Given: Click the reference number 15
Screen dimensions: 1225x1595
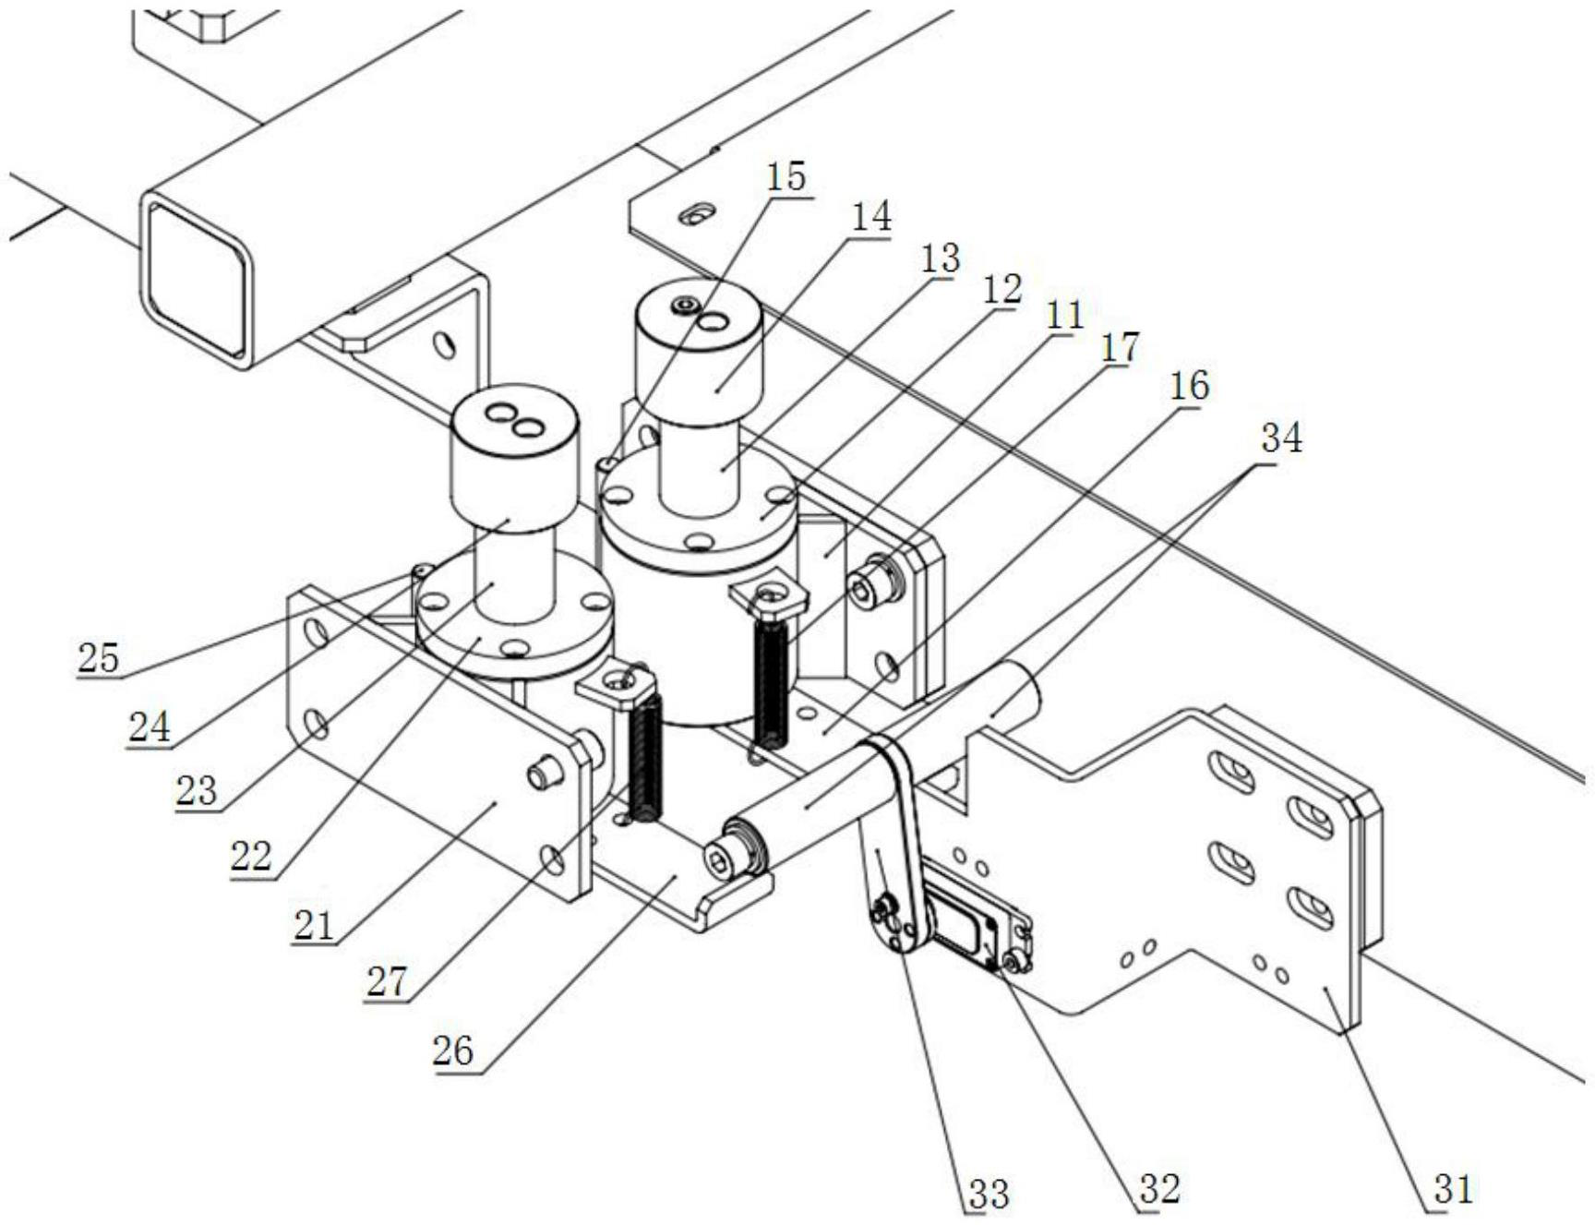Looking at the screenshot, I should click(786, 175).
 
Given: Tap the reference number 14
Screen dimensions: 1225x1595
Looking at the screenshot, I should click(870, 217).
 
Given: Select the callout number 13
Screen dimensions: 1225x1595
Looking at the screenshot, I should click(940, 258).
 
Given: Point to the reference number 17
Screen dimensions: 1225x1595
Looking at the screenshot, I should click(1119, 348).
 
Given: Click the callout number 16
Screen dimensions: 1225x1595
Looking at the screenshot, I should click(1188, 386).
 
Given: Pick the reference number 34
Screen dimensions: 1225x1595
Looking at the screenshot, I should click(1281, 438).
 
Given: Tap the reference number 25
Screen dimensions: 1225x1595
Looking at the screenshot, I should click(99, 658).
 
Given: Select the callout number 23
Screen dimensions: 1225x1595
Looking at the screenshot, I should click(196, 790).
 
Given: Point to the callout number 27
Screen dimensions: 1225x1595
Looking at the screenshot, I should click(386, 982).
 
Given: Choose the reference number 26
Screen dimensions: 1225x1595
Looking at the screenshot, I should click(452, 1051).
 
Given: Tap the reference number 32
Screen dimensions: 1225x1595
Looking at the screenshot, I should click(1159, 1189).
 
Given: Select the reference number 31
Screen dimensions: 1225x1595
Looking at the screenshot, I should click(1453, 1189).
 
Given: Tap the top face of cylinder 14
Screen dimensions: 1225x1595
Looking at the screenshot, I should click(698, 309).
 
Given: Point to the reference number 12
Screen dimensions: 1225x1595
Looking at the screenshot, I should click(1002, 290).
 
